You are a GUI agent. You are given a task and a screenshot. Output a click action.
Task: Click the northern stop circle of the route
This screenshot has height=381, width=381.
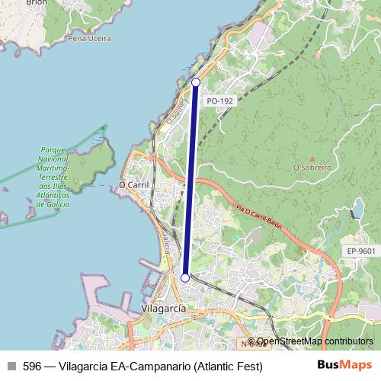pyautogui.click(x=196, y=82)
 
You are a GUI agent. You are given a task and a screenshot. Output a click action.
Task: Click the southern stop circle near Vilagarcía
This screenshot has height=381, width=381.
pyautogui.click(x=184, y=278)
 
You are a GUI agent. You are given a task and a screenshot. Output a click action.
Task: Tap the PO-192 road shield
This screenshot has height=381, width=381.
pyautogui.click(x=219, y=100)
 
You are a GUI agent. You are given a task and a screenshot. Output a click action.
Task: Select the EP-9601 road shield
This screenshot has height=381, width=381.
pyautogui.click(x=360, y=251)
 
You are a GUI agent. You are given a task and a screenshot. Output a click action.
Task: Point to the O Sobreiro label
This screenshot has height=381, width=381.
pyautogui.click(x=311, y=167)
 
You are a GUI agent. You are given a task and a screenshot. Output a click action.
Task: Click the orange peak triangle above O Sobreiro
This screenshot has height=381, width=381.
pyautogui.click(x=311, y=158)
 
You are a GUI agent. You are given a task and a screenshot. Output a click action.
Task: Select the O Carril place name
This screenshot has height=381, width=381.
pyautogui.click(x=133, y=184)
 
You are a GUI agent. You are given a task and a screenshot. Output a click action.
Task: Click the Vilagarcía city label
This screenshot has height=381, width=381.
pyautogui.click(x=163, y=308)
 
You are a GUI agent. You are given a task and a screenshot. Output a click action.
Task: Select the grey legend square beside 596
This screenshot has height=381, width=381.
pyautogui.click(x=10, y=367)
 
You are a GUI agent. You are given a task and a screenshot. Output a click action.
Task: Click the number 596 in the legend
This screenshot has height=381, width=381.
pyautogui.click(x=32, y=367)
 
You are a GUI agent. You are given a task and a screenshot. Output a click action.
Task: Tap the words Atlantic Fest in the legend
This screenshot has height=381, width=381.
pyautogui.click(x=229, y=367)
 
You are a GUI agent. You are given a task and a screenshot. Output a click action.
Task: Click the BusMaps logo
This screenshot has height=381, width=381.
pyautogui.click(x=344, y=366)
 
